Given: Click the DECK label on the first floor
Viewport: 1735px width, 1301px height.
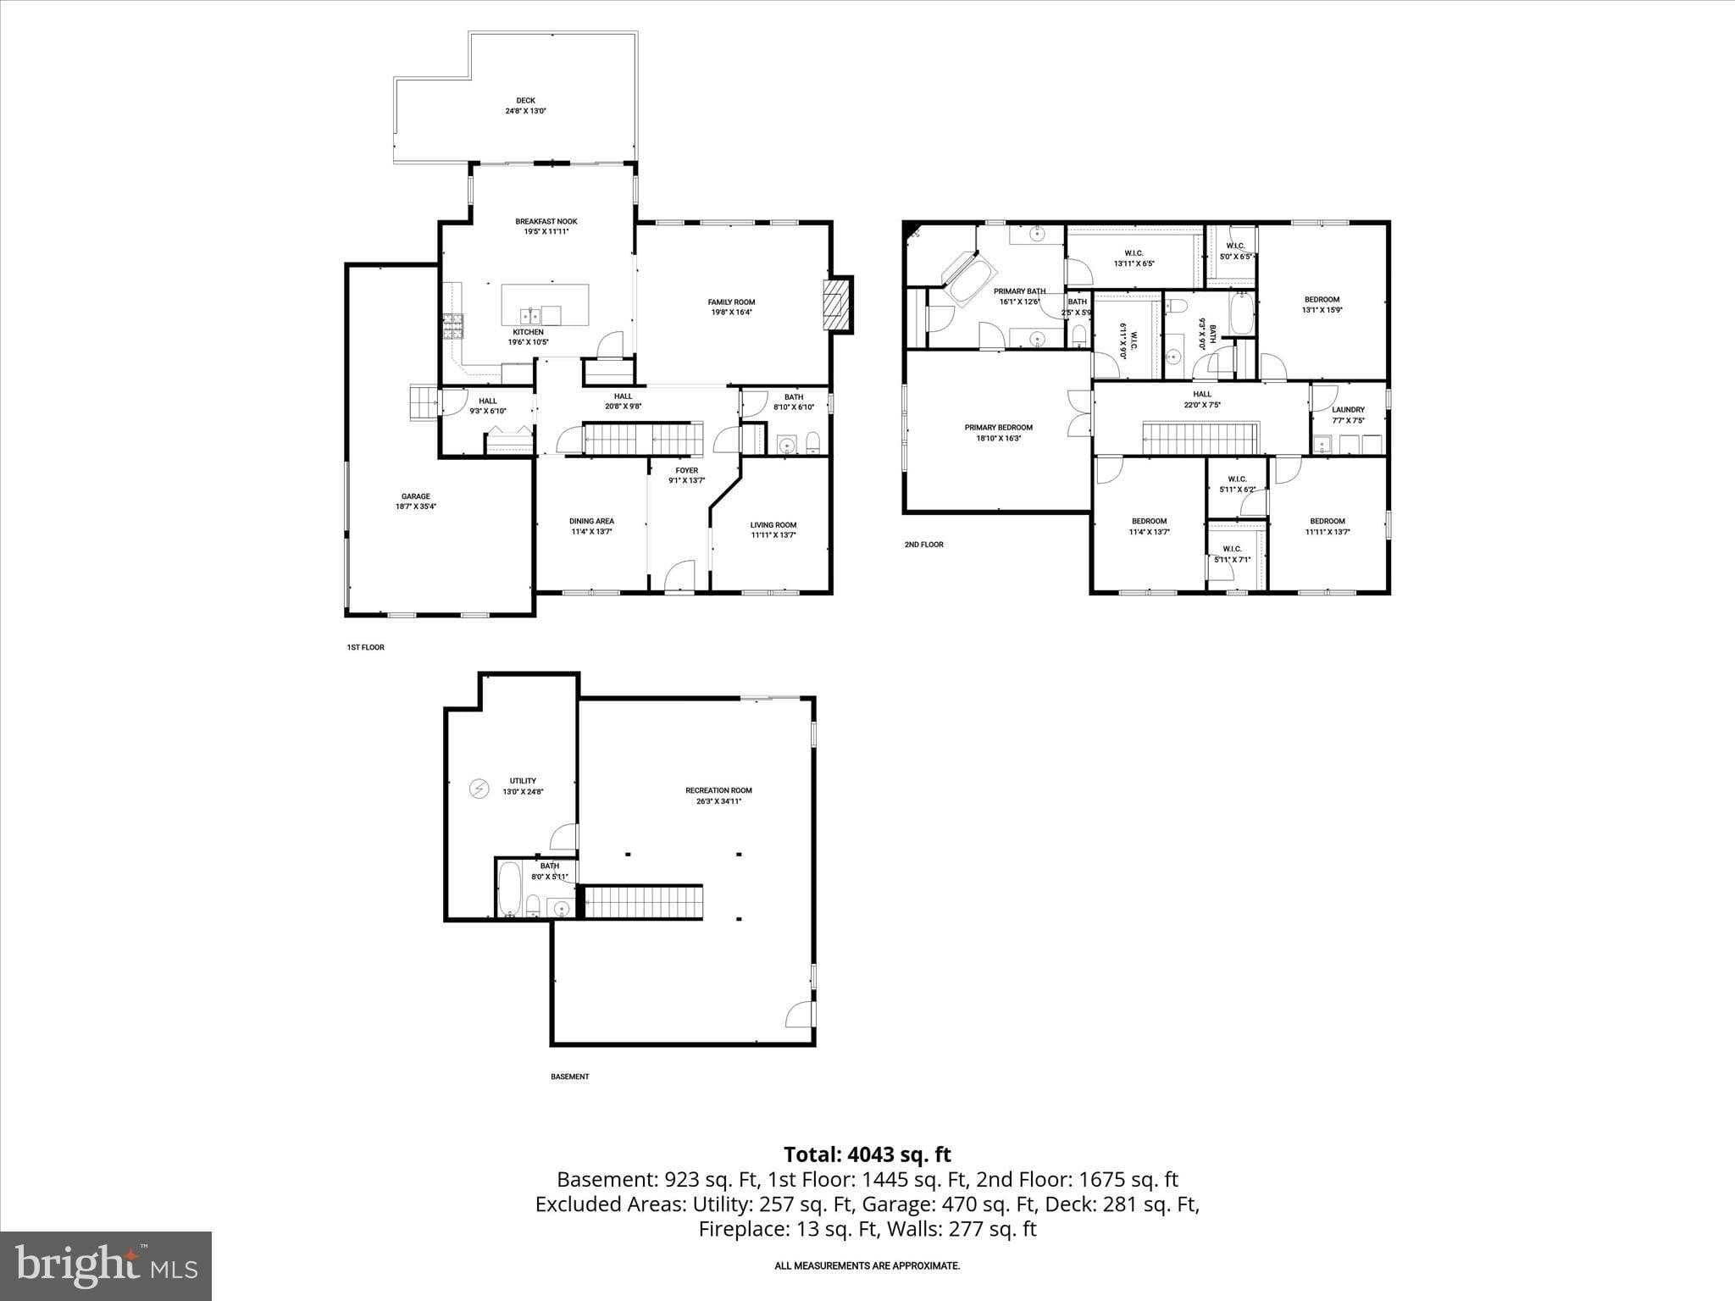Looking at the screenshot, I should coord(525,101).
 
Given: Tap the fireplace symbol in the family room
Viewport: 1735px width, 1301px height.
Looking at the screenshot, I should coord(835,304).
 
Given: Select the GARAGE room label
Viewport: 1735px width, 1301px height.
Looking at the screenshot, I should coord(415,497).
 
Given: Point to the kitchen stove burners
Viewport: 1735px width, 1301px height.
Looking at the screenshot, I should coord(452,326).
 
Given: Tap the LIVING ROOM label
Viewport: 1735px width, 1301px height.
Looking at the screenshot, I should coord(773,525).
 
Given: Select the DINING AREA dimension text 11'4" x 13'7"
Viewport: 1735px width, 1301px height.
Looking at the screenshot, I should coord(591,532).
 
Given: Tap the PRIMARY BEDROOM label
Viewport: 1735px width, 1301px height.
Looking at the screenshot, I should coord(998,428).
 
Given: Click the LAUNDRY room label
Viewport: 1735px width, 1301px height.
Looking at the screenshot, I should coord(1348,410).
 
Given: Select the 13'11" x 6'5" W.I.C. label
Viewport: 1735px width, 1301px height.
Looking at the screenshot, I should coord(1134,263).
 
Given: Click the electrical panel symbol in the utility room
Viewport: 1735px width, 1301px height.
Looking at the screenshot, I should coord(479,789).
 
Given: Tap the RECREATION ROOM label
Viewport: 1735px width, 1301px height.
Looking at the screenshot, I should coord(718,790).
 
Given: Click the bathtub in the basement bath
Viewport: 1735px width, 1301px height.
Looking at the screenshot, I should coord(509,889).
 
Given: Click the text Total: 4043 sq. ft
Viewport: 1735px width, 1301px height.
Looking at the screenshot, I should coord(867,1154).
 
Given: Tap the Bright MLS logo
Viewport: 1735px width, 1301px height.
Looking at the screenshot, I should coord(106,1265).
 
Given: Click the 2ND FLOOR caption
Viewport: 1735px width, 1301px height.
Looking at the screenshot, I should coord(923,545).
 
